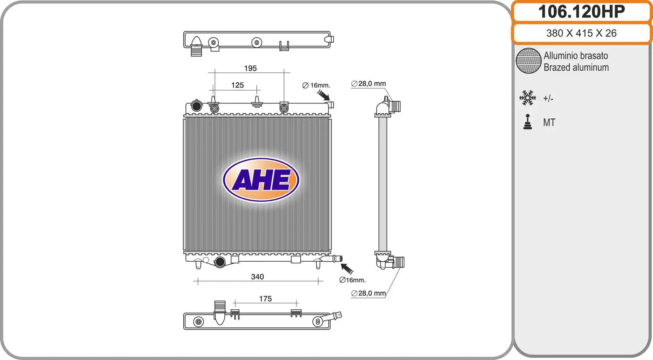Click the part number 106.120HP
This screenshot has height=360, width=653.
coord(581,12)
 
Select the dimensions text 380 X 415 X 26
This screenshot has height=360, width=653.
coord(581,33)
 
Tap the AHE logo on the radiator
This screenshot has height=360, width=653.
coord(261,180)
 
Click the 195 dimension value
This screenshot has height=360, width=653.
coord(250,68)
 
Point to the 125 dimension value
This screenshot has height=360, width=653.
coord(237,85)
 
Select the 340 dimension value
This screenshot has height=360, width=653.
coord(257,277)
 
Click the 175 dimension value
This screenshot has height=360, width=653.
coord(265,299)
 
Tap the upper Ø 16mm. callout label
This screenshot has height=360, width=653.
coord(316,85)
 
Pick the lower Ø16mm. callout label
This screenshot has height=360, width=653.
coord(352,280)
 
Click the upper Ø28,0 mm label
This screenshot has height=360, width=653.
coord(369,84)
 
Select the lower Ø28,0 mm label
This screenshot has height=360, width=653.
coord(369,293)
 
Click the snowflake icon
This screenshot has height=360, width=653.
coord(528,98)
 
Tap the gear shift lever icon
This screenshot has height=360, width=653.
coord(528,122)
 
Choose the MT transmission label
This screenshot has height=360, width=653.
coord(549,122)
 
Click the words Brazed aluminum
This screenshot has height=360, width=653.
coord(576,67)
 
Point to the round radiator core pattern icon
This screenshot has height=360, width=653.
coord(529,61)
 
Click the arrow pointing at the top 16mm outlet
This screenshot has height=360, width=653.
coord(323,95)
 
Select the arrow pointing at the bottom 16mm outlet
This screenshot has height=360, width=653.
coord(347,269)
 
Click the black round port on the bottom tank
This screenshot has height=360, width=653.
coord(220,262)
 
